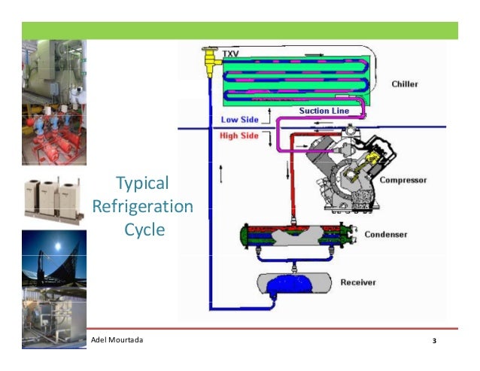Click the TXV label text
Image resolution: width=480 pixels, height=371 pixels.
pos(229,53)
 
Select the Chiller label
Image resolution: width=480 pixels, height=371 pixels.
pos(405,84)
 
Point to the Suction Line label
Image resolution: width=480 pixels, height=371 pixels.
pos(324,111)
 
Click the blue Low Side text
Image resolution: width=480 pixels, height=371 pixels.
pos(238,120)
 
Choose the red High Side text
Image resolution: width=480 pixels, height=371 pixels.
pos(239,136)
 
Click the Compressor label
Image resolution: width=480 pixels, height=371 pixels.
pos(403,180)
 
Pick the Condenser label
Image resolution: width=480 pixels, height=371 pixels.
pos(386,234)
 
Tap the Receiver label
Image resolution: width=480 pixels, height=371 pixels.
pos(357,282)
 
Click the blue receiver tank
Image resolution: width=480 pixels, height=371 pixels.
pos(296,284)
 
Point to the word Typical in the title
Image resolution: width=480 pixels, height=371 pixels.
pos(142,184)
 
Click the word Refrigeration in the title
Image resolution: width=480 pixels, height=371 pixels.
pos(142,206)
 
